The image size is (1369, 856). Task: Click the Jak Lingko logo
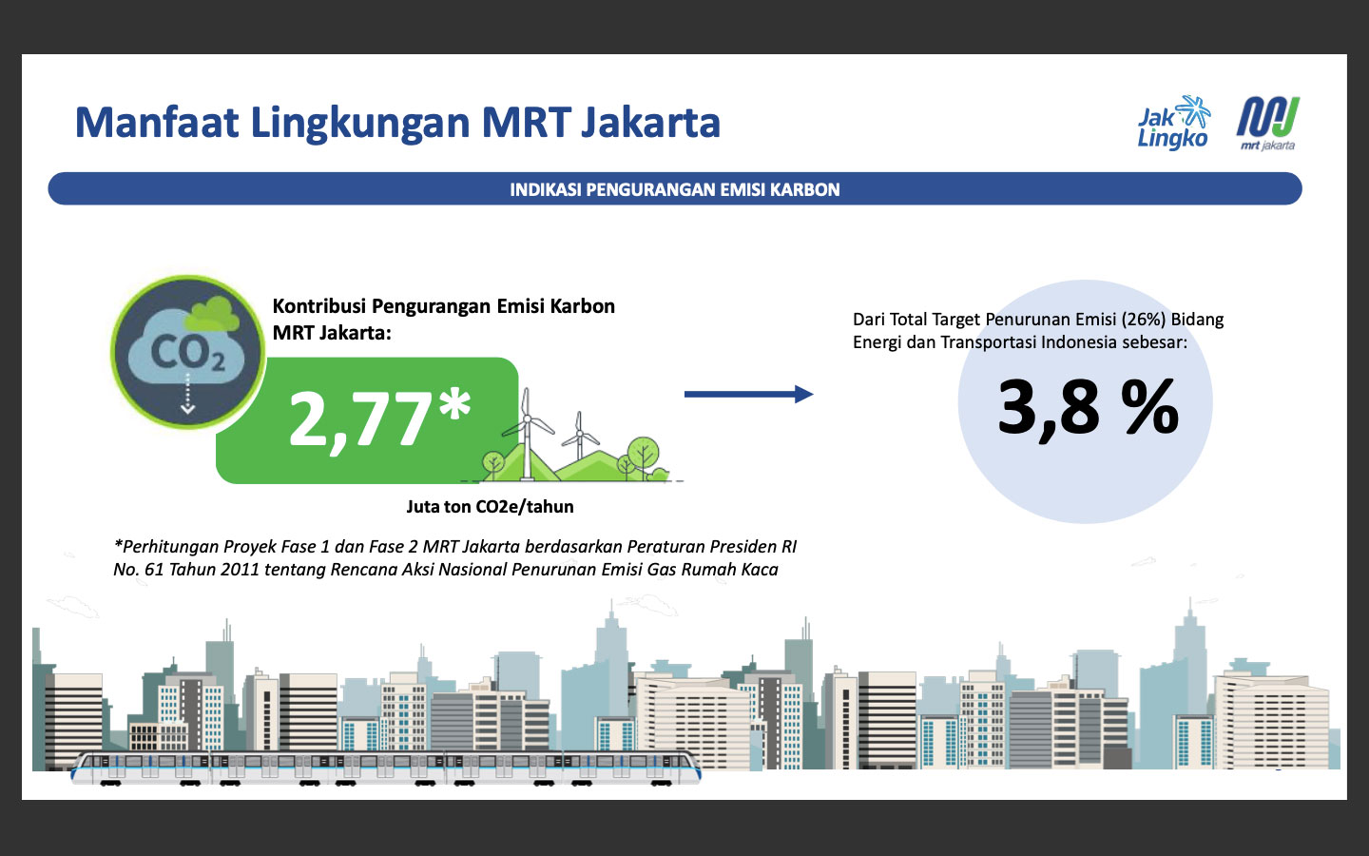(1173, 123)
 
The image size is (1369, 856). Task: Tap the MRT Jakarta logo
(1268, 124)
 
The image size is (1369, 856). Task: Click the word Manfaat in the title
(157, 123)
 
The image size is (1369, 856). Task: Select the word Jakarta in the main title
(650, 123)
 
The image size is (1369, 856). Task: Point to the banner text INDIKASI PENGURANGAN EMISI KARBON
(675, 189)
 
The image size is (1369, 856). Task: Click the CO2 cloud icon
(187, 352)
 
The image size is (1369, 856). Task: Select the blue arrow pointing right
(749, 395)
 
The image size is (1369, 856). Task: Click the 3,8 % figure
(1088, 407)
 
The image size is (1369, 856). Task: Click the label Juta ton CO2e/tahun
(491, 506)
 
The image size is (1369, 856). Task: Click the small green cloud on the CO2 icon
(212, 314)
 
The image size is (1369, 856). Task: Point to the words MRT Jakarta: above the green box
(331, 333)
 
